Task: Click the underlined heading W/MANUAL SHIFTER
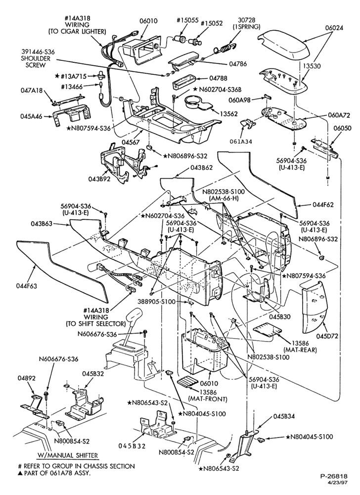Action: pyautogui.click(x=67, y=455)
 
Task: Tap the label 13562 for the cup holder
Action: pyautogui.click(x=231, y=114)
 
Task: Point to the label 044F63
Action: pyautogui.click(x=27, y=286)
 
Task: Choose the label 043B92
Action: pyautogui.click(x=99, y=179)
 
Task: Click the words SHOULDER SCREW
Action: pyautogui.click(x=36, y=62)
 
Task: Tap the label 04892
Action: pyautogui.click(x=27, y=378)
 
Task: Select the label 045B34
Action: pyautogui.click(x=284, y=416)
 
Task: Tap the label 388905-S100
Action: pyautogui.click(x=156, y=301)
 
